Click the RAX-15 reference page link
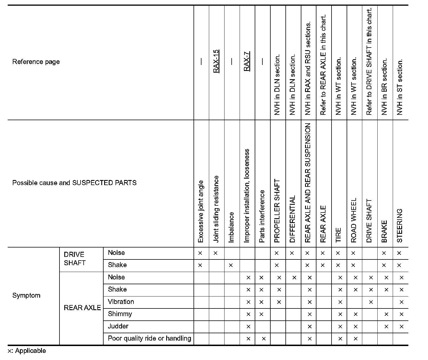pos(216,61)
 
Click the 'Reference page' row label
pos(36,62)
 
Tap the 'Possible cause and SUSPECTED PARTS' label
pos(74,183)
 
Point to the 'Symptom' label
pos(26,295)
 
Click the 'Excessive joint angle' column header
pos(201,211)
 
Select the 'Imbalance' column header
pos(231,227)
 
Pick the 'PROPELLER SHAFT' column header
pos(277,211)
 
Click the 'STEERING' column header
pos(400,226)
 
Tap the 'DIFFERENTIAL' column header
pos(293,219)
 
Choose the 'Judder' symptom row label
pos(118,326)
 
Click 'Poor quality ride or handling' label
pos(149,338)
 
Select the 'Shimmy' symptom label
pos(120,314)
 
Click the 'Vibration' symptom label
pos(121,302)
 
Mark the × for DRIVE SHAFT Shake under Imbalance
pos(231,265)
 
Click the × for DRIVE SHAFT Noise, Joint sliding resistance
pos(215,253)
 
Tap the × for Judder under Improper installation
pos(248,327)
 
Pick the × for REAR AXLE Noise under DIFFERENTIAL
pos(294,277)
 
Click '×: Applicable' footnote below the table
pos(27,351)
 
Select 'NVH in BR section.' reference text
pos(384,87)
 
